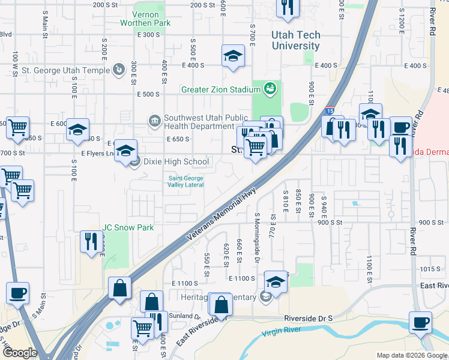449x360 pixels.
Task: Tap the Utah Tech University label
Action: [295, 40]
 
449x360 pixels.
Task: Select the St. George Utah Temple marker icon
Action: [119, 70]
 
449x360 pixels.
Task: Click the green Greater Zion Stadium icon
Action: [271, 89]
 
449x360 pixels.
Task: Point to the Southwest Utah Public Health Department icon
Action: [155, 122]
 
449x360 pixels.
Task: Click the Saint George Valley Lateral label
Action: [185, 181]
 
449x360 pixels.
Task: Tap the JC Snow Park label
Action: [128, 227]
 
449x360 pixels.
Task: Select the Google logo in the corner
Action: [20, 353]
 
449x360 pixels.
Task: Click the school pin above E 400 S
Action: [233, 56]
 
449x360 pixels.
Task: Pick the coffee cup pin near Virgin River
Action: [420, 322]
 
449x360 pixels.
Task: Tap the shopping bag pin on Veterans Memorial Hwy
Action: [119, 287]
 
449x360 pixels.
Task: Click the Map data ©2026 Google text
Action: [412, 355]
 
